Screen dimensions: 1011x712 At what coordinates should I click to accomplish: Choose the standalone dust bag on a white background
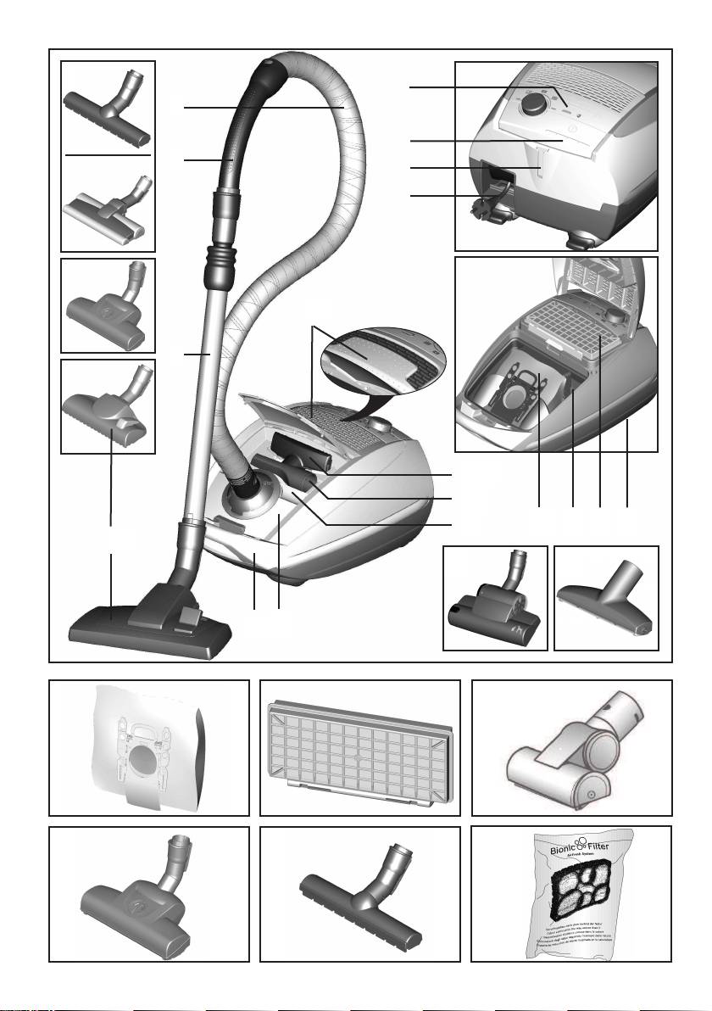(x=149, y=746)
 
